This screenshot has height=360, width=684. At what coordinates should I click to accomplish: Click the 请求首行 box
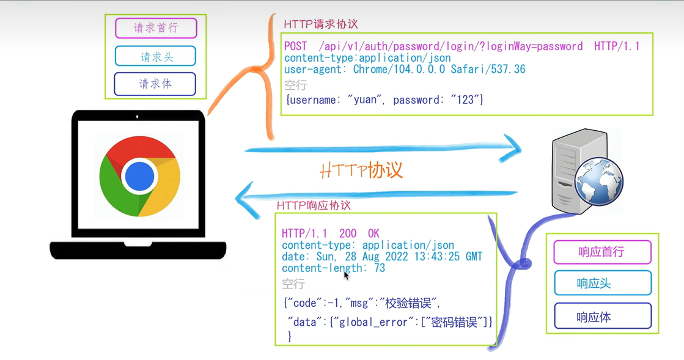pos(156,28)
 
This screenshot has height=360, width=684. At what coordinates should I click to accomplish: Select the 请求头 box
pos(156,57)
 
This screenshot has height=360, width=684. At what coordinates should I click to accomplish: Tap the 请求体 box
pos(155,84)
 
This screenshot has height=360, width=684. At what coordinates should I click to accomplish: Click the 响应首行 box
pos(602,252)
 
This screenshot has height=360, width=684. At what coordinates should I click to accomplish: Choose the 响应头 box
pos(602,284)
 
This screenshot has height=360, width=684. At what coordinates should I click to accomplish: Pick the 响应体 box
pos(602,317)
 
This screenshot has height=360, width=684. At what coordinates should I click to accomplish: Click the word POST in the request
pos(296,46)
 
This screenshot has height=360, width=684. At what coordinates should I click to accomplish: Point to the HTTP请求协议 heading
pos(321,24)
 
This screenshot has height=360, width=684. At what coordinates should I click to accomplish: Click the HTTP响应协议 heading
pos(314,205)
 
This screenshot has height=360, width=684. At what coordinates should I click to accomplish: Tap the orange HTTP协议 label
pos(362,170)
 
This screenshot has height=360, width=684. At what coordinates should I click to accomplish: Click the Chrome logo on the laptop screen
pos(139,176)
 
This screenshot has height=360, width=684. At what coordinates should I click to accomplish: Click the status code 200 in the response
pos(348,233)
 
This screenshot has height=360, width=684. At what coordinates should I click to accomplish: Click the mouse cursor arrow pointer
pos(346,275)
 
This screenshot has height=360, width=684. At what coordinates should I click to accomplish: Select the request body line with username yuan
pos(384,99)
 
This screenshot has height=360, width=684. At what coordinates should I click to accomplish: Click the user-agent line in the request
pos(405,69)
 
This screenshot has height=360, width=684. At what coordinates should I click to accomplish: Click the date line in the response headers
pos(382,257)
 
